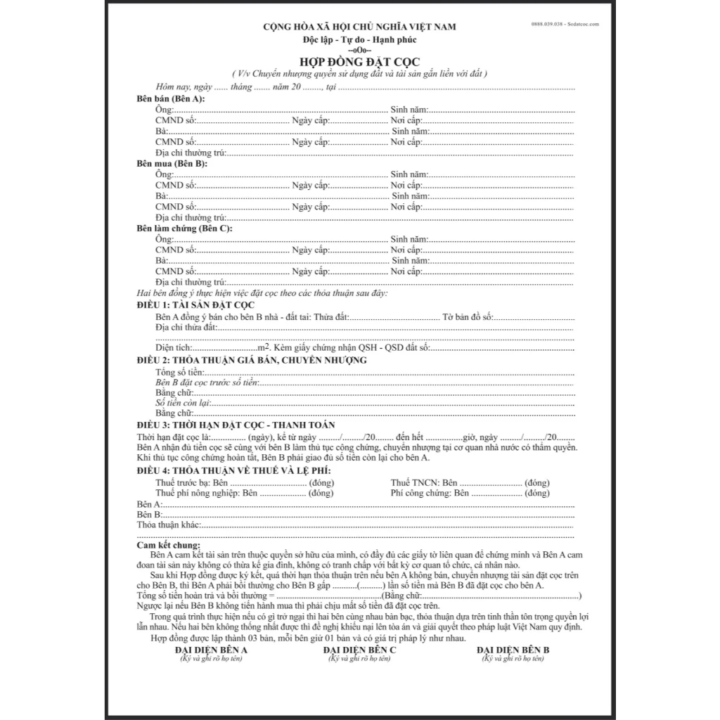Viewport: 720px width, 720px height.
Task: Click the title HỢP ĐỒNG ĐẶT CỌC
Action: [x=359, y=63]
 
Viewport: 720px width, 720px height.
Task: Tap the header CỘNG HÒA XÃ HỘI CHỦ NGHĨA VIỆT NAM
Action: [x=359, y=27]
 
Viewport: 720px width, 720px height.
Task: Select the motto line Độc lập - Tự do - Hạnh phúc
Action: [x=359, y=38]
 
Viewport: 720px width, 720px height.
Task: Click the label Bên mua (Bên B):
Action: [x=172, y=163]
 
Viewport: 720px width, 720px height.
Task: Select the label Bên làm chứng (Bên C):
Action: [x=184, y=229]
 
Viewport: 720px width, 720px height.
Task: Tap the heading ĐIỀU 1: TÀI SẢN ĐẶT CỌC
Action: [x=195, y=304]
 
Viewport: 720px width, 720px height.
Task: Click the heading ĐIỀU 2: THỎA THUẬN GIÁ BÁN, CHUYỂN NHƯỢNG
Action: [x=252, y=360]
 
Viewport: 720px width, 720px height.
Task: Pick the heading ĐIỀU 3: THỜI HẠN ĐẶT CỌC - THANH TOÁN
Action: [x=236, y=425]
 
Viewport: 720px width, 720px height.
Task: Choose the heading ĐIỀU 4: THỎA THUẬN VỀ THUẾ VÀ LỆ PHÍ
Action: [x=233, y=470]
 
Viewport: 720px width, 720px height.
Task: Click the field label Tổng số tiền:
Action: [x=180, y=371]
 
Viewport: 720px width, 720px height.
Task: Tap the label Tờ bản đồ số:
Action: [x=468, y=317]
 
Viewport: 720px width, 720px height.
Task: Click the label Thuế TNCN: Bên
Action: [x=424, y=483]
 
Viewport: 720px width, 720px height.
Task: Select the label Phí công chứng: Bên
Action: [x=430, y=494]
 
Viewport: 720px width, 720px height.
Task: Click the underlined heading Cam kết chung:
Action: [x=168, y=546]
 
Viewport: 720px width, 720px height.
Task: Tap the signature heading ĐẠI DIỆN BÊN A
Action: [x=211, y=650]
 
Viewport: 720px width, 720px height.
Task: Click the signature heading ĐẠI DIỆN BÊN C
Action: [x=360, y=650]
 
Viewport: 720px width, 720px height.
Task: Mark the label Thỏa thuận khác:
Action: [x=169, y=525]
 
